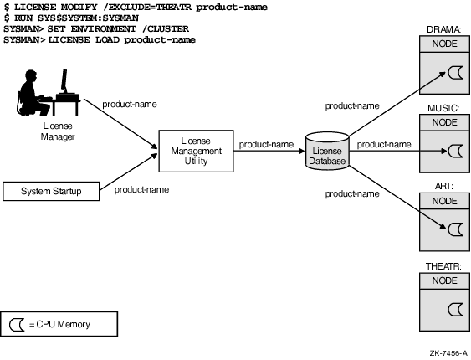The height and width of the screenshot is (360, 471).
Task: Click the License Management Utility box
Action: click(x=196, y=151)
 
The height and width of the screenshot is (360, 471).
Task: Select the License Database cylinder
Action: click(x=327, y=151)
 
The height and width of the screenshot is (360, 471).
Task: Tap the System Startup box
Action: click(x=51, y=191)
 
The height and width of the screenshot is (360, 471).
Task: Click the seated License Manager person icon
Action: click(x=33, y=93)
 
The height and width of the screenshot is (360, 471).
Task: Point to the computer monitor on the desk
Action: click(x=64, y=80)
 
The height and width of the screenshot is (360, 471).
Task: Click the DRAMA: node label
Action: click(x=444, y=29)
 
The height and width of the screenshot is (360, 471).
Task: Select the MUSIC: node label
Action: click(x=443, y=108)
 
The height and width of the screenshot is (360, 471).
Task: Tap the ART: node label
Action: click(x=444, y=187)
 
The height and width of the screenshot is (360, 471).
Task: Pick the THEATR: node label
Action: click(x=443, y=266)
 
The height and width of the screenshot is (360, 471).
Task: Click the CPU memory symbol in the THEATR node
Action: click(x=455, y=310)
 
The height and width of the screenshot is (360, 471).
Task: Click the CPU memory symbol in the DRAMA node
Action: click(x=455, y=73)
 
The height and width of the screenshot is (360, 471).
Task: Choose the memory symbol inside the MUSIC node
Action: click(x=455, y=152)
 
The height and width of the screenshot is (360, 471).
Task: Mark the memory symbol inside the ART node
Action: click(x=455, y=229)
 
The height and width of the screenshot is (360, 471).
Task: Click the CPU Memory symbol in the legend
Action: click(x=17, y=325)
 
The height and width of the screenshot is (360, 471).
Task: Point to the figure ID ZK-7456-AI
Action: click(x=449, y=353)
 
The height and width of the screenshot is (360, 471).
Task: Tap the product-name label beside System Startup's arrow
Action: click(x=141, y=189)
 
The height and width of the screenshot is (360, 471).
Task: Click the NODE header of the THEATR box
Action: click(x=444, y=280)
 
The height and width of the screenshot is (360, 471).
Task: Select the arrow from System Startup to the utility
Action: click(x=128, y=172)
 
